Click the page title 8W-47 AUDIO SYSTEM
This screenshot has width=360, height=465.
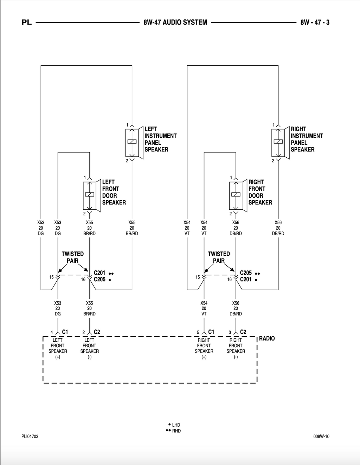tap(175, 22)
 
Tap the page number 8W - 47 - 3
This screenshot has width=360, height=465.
tap(315, 22)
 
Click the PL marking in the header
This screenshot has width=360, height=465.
tap(27, 22)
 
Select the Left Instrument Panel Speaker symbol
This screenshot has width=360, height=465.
tap(134, 143)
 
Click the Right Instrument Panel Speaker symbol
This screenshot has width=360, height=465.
tap(281, 143)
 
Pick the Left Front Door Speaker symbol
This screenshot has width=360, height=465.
tap(92, 196)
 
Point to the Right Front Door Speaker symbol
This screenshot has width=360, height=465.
tap(238, 196)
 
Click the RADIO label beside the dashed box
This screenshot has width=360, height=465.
tap(267, 338)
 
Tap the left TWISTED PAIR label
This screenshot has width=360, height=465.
tap(73, 257)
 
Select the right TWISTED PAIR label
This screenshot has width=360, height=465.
tap(219, 257)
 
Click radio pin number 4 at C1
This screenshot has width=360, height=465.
tap(52, 332)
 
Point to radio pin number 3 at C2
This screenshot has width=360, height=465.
tap(230, 332)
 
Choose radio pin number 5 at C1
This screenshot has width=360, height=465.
tap(198, 332)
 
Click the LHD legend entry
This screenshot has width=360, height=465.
tap(174, 425)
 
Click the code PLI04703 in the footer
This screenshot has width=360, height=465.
tap(30, 436)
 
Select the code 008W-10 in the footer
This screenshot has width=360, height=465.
tap(321, 436)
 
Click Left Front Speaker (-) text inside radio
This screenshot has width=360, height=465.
tap(90, 348)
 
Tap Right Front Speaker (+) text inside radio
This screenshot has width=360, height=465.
tap(204, 348)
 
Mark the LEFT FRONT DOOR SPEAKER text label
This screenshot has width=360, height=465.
tap(114, 192)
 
